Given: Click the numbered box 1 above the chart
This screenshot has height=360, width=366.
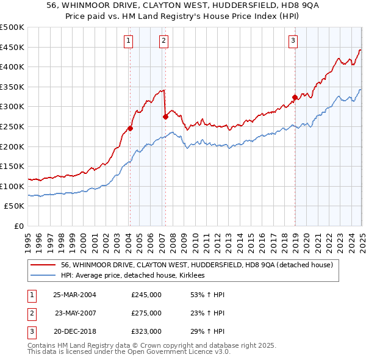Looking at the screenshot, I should pos(129,41).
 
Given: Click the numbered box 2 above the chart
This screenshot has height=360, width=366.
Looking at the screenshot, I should pos(165,41).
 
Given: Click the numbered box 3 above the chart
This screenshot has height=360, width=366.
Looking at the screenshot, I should pos(293,41).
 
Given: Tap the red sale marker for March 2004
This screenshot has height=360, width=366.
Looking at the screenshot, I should pos(130,129).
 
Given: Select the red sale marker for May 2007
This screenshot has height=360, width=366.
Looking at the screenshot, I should pos(165,117).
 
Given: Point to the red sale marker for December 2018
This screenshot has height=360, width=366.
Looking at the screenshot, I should pos(295,97).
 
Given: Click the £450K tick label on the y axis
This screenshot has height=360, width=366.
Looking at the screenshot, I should pos(13,47).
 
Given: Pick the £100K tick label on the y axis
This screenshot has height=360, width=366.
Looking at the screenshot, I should pos(13,186).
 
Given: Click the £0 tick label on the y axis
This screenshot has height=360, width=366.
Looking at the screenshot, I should pos(19,226).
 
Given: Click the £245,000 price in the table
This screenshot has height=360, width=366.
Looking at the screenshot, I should pos(146,295).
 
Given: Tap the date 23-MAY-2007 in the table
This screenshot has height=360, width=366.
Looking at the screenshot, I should pos(75,313).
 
